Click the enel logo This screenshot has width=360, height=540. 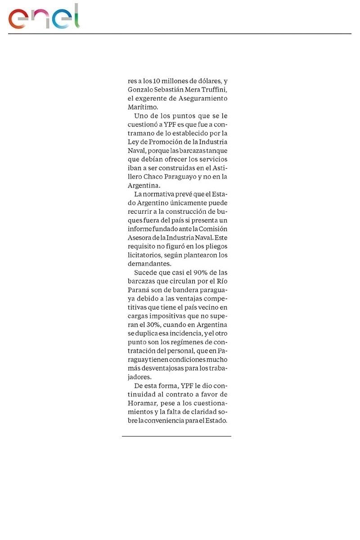tap(44, 17)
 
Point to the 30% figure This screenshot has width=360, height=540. tap(153, 325)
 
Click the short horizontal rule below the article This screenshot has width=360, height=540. tap(176, 436)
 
